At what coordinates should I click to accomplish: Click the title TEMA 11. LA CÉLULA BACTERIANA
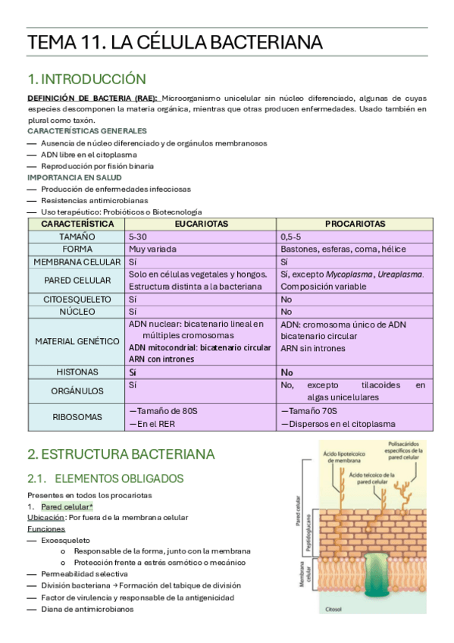175,42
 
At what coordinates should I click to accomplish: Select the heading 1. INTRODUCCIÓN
86,79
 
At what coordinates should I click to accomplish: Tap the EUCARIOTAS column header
201,224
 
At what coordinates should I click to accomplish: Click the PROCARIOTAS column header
355,224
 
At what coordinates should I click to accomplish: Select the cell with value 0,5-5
293,237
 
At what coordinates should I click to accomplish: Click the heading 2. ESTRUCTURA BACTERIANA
121,454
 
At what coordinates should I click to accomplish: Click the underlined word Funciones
46,529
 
